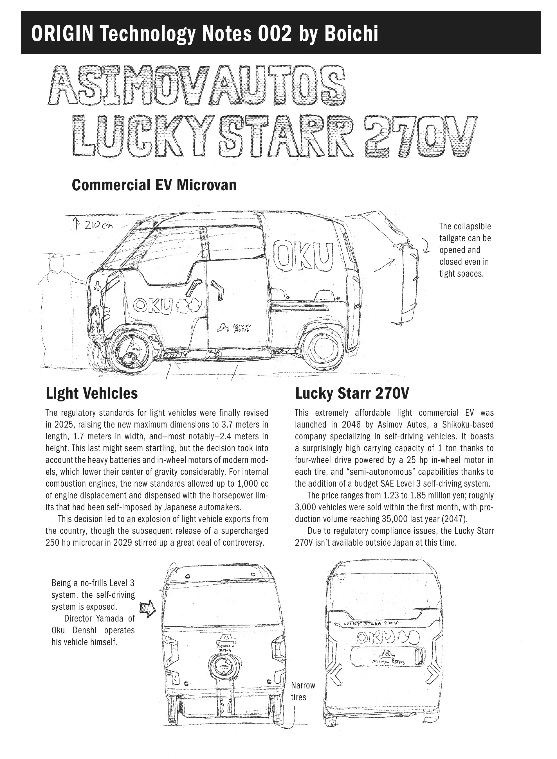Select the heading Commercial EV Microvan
(154, 185)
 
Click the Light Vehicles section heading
(92, 393)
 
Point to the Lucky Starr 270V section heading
(352, 393)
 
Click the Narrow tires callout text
(302, 691)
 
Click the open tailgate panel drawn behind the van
(408, 280)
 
